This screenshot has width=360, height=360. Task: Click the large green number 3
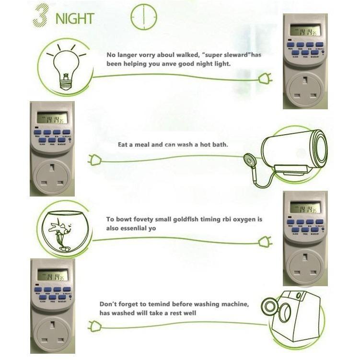(40, 17)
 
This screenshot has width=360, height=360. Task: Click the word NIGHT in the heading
(75, 19)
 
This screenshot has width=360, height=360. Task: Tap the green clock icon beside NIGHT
(144, 17)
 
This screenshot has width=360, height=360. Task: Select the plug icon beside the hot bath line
(94, 160)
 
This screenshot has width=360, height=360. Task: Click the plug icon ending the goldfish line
(265, 242)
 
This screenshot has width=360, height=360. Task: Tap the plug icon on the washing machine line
(95, 326)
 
